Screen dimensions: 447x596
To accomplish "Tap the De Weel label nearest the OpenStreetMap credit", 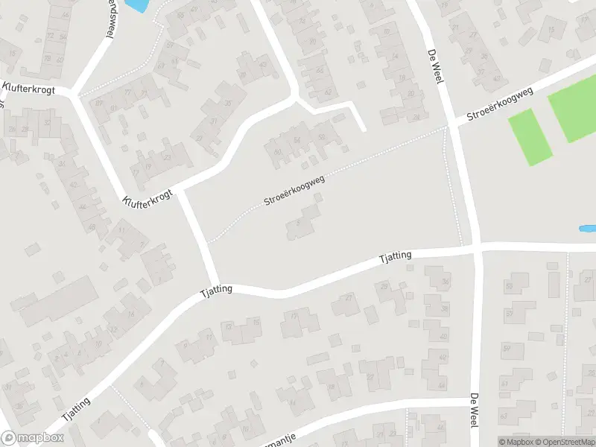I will click(x=472, y=410).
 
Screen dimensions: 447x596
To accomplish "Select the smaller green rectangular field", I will click(x=530, y=136).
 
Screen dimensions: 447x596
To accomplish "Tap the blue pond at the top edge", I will click(x=136, y=5).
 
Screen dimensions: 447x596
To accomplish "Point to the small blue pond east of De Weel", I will click(x=587, y=228).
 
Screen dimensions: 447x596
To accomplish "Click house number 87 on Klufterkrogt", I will click(x=100, y=102).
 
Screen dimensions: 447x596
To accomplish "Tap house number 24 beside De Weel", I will click(x=416, y=118).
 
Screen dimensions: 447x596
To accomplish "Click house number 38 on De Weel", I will click(x=444, y=308).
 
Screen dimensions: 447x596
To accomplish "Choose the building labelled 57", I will click(x=508, y=348).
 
